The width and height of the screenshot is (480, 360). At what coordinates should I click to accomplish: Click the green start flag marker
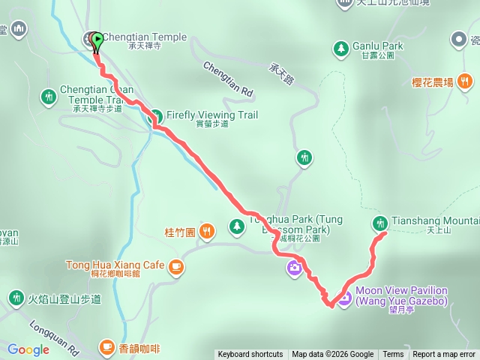point(97,42)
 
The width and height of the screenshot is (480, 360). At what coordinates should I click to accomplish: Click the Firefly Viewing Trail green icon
point(156,116)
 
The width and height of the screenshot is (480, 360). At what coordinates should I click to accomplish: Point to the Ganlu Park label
point(377,46)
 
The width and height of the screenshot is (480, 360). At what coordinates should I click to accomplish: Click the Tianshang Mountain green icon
point(380,223)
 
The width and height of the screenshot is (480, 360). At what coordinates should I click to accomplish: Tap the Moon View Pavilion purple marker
point(344,298)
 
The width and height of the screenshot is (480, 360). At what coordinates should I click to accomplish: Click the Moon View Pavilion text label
point(401,295)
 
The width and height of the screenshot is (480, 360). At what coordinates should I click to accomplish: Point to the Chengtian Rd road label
point(228,78)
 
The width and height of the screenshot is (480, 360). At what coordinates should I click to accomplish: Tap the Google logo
point(28,349)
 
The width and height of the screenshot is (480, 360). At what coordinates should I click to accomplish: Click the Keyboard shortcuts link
point(250,355)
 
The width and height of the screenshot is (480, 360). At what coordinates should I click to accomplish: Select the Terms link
point(393,355)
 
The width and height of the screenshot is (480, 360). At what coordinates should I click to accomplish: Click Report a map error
point(444,355)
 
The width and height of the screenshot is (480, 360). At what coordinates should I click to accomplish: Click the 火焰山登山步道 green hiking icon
point(16,299)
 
